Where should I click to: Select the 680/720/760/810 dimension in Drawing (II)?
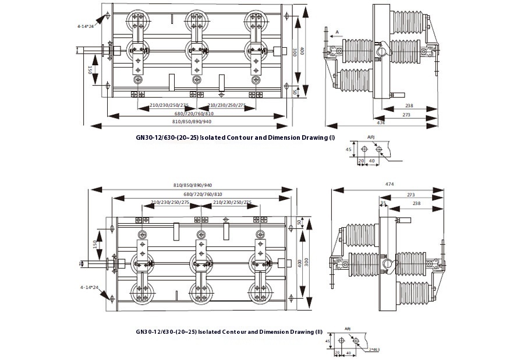coord(202,193)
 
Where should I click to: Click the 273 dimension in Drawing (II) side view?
coord(410,195)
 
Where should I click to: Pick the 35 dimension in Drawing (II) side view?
coord(383,203)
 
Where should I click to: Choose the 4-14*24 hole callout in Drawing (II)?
coord(86,287)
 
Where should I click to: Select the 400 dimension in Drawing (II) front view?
coord(299,264)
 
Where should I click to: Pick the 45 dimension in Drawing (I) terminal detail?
coord(348,150)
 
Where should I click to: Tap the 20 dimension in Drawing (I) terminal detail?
coord(360,160)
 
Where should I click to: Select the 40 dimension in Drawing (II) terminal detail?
coord(349,352)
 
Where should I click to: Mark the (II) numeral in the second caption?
coord(318,331)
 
